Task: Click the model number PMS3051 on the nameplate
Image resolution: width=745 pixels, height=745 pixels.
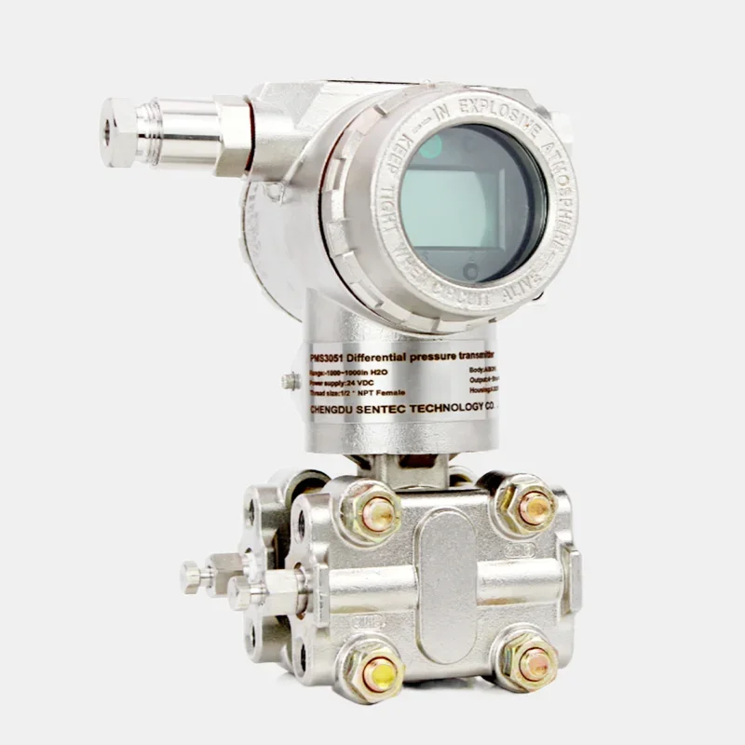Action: [x=328, y=357]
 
